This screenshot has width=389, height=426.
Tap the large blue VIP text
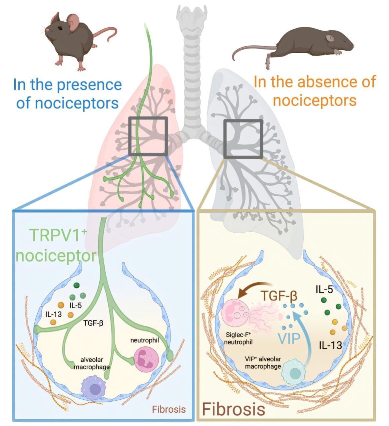(x=289, y=338)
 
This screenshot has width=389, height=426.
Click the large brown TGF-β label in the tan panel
(x=278, y=295)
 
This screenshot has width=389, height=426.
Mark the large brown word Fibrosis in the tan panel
(x=233, y=409)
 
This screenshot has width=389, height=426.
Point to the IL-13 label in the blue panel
(x=53, y=314)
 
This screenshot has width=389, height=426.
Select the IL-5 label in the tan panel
(x=324, y=289)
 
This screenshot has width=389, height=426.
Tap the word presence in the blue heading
(x=90, y=85)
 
